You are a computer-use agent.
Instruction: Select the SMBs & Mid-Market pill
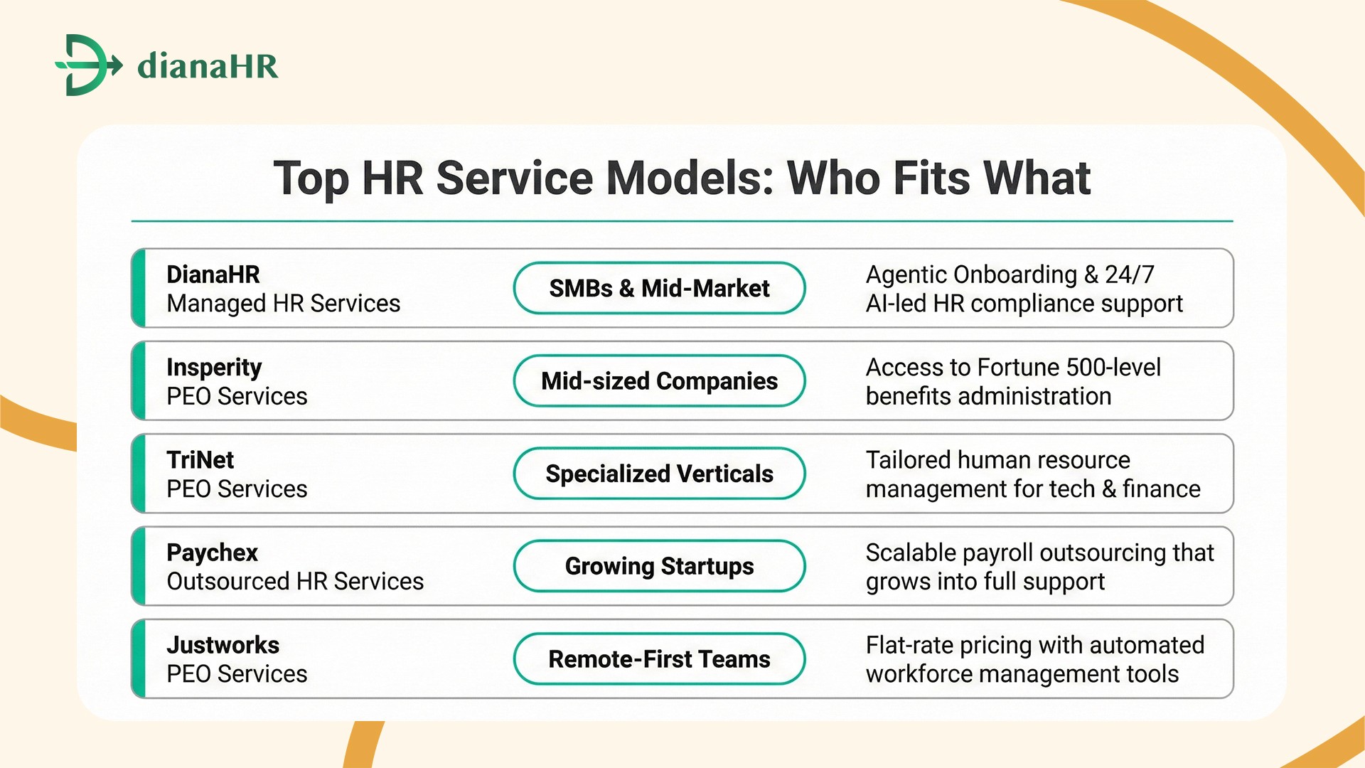[x=659, y=288]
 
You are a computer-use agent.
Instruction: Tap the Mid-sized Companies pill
[x=659, y=381]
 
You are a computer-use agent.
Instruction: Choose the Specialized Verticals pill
[x=659, y=474]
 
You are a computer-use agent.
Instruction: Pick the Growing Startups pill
[x=659, y=566]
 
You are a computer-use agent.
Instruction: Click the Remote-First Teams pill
[x=659, y=659]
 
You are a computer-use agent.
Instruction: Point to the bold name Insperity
[x=214, y=368]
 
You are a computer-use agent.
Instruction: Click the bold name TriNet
[x=200, y=460]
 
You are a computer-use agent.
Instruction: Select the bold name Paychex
[x=212, y=553]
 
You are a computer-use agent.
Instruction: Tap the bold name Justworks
[x=223, y=645]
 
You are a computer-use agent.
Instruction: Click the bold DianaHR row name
[x=213, y=274]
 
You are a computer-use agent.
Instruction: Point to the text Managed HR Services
[x=283, y=304]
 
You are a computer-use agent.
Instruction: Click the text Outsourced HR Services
[x=295, y=582]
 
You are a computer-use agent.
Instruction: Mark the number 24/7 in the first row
[x=1129, y=274]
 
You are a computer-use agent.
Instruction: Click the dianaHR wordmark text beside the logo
[x=208, y=66]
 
